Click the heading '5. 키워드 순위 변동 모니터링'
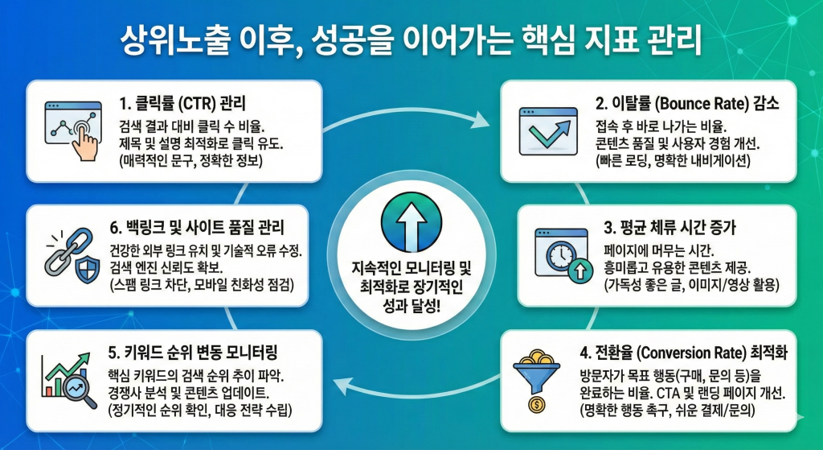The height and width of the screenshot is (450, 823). [x=192, y=352]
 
